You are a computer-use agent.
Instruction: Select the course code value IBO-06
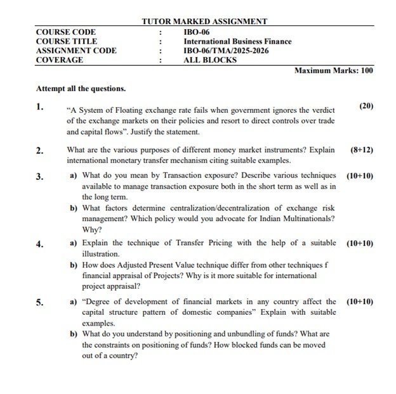pyautogui.click(x=196, y=32)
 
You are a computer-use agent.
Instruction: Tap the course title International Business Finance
pyautogui.click(x=237, y=41)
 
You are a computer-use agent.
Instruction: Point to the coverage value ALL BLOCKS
pyautogui.click(x=209, y=60)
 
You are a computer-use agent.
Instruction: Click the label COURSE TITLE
pyautogui.click(x=62, y=41)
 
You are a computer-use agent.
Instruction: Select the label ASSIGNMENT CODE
pyautogui.click(x=76, y=51)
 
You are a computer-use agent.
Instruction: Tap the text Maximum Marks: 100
pyautogui.click(x=334, y=71)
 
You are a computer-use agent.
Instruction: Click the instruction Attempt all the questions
pyautogui.click(x=81, y=89)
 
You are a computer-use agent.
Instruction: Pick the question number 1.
pyautogui.click(x=40, y=106)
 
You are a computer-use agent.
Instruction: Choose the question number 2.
pyautogui.click(x=40, y=150)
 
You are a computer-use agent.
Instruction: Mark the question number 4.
pyautogui.click(x=40, y=243)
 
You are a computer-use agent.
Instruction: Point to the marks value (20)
pyautogui.click(x=366, y=106)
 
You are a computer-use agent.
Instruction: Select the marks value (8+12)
pyautogui.click(x=362, y=150)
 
